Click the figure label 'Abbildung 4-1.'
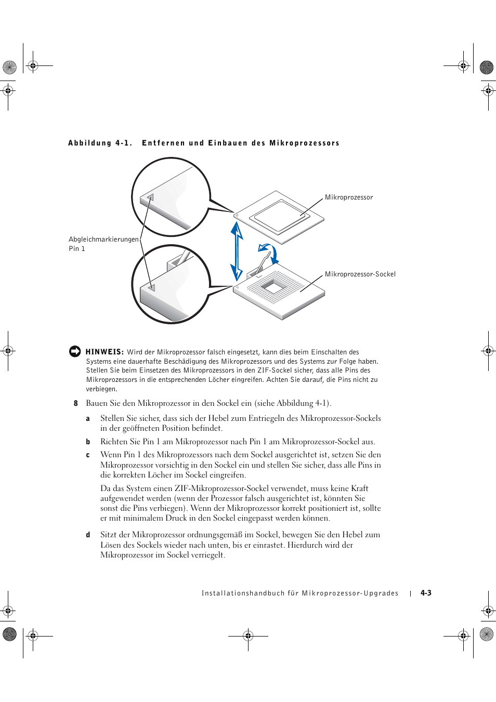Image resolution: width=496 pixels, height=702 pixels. click(100, 143)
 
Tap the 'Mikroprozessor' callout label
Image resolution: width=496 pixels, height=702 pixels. click(349, 197)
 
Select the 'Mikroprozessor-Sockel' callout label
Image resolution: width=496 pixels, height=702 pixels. click(360, 274)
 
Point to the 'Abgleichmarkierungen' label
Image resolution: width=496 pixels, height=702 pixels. click(103, 240)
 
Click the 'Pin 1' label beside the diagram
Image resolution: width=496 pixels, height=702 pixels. click(77, 249)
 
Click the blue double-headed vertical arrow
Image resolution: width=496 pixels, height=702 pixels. click(237, 251)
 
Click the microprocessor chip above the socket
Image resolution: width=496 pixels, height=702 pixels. click(280, 216)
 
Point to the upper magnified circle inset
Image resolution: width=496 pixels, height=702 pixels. click(171, 197)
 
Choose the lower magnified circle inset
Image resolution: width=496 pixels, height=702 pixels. click(171, 284)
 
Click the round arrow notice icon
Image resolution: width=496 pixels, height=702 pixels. click(75, 351)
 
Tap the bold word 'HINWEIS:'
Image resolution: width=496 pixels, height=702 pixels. click(105, 352)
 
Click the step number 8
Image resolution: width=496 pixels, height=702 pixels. click(76, 403)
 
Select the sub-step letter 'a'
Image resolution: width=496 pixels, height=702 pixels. click(88, 419)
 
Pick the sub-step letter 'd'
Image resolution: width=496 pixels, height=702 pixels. click(88, 535)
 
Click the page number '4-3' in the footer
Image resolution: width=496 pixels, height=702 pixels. click(426, 593)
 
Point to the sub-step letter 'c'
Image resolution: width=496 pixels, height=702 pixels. click(88, 455)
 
